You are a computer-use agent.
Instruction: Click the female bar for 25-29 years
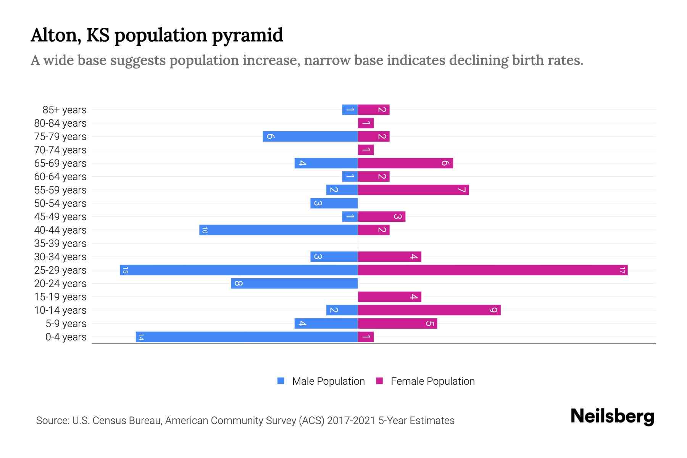(492, 270)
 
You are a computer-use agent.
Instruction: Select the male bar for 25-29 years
(239, 270)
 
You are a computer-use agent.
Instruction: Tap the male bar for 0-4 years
(247, 337)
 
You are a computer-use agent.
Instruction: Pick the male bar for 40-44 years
(278, 230)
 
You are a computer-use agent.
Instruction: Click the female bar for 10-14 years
(429, 310)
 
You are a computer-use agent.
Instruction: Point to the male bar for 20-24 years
(294, 284)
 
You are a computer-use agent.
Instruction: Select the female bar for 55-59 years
(413, 190)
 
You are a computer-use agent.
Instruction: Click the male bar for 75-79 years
(310, 137)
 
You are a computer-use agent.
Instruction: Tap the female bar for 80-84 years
(366, 123)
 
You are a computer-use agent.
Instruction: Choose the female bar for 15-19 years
(389, 297)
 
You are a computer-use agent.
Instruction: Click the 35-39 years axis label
(60, 244)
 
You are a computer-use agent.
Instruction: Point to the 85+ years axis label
(65, 110)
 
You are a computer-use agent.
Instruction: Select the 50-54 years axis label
(60, 203)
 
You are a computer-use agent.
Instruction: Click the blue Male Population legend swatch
(281, 381)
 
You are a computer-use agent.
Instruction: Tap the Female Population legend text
(432, 381)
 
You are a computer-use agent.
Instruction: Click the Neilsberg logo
(612, 416)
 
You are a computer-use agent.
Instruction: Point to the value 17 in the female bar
(622, 270)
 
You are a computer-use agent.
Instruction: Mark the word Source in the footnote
(52, 421)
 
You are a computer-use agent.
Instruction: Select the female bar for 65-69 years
(405, 163)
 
